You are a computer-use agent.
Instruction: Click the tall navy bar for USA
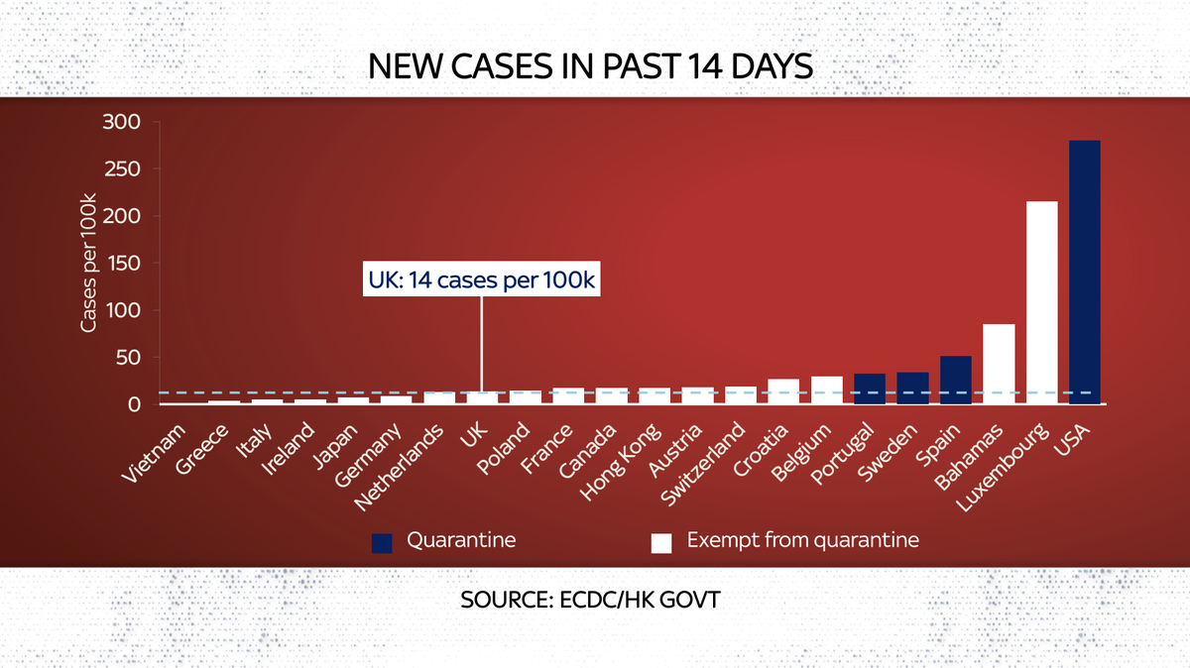(x=1084, y=272)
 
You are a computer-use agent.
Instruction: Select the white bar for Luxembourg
(x=1041, y=302)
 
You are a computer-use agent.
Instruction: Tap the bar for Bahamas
(x=999, y=364)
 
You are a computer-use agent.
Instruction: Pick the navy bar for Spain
(x=956, y=380)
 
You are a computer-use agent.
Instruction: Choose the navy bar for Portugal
(x=870, y=389)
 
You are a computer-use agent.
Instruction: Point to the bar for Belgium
(x=826, y=390)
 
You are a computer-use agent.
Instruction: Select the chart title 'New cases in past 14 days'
(x=591, y=67)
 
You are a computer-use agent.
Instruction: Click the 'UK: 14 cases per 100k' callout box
(x=481, y=280)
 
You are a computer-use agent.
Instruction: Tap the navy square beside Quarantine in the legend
(x=382, y=542)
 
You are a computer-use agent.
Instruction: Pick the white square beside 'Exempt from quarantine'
(x=660, y=542)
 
